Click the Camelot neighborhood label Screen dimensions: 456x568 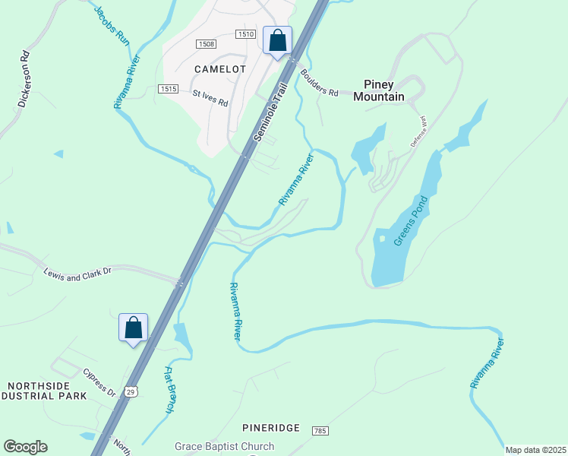(219, 68)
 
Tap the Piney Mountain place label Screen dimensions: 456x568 (383, 90)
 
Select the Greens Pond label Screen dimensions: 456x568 (411, 221)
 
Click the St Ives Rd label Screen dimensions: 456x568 (210, 99)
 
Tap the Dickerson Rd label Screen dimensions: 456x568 (24, 79)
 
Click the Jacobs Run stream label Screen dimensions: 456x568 (112, 27)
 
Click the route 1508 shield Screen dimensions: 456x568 (207, 44)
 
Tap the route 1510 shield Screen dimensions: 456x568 (245, 34)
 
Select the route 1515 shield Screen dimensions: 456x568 (169, 89)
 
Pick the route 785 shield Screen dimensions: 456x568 (319, 431)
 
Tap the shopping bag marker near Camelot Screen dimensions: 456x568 (277, 40)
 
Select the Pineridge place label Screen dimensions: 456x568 (271, 428)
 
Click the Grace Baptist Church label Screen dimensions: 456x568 (224, 447)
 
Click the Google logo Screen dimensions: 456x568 (25, 447)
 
